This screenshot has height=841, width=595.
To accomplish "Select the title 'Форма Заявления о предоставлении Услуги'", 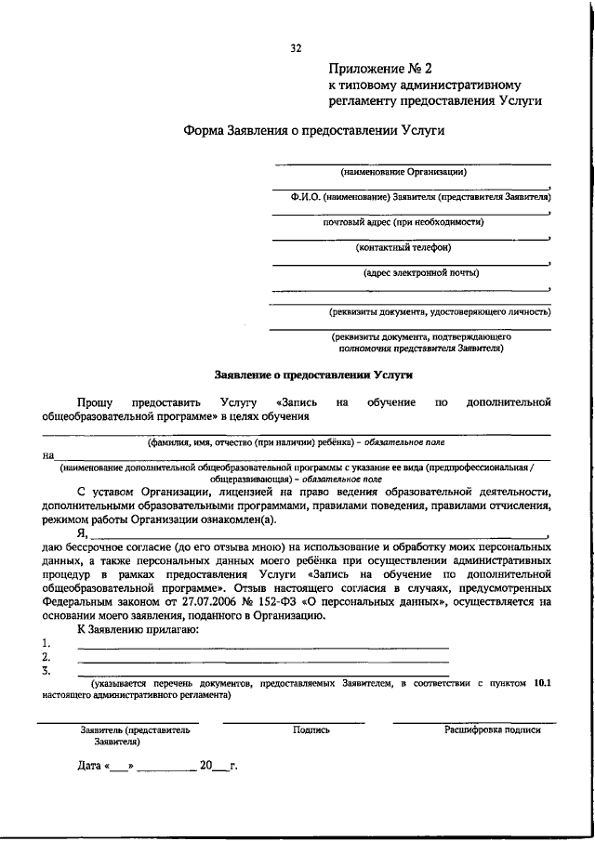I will point(313,131).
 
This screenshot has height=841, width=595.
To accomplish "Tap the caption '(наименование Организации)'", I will point(403,172).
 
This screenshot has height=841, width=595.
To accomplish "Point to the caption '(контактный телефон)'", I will point(403,247).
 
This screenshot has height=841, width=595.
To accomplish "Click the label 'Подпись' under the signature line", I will point(311,730).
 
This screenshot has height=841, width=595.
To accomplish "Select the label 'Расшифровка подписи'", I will point(492,730).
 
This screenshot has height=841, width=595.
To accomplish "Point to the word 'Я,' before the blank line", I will point(83,533).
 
